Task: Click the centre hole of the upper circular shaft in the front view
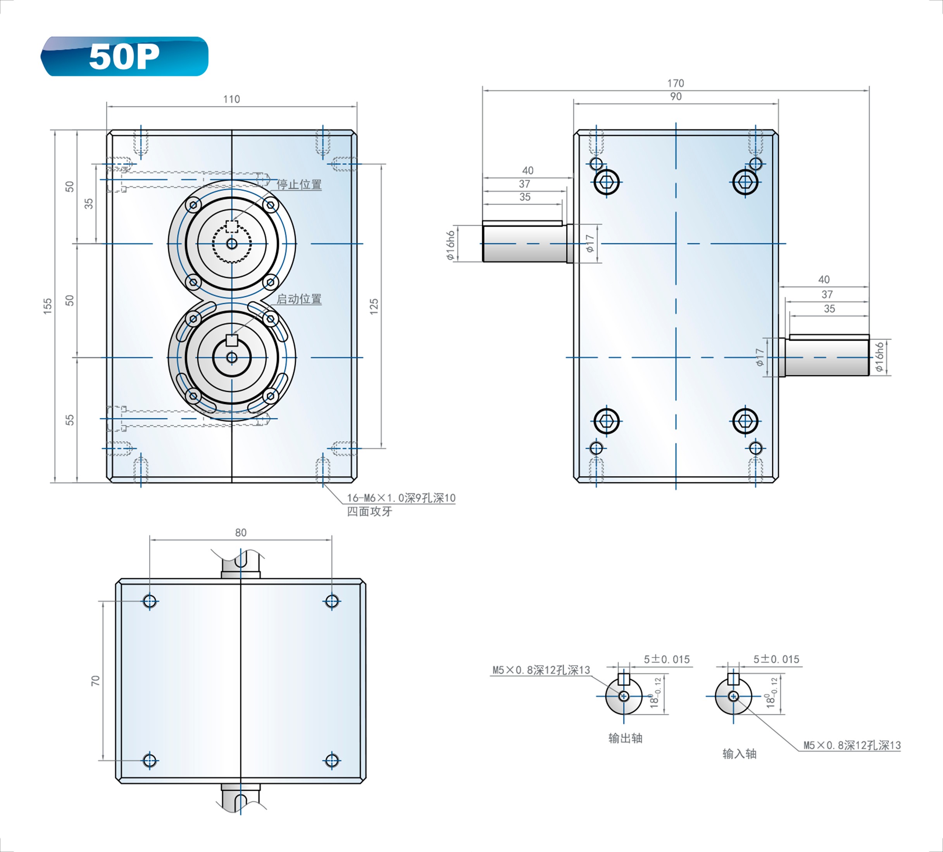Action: [x=231, y=244]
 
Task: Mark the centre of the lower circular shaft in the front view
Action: [x=231, y=358]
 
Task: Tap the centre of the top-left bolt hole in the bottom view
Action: [x=150, y=601]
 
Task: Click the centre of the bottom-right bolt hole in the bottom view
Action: [x=332, y=760]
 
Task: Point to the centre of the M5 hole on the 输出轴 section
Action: [x=624, y=696]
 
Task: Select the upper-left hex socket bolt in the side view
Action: [x=607, y=182]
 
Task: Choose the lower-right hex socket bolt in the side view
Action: [x=745, y=421]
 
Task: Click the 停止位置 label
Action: [x=299, y=185]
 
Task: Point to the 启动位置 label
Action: [x=299, y=299]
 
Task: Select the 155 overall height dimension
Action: [x=48, y=306]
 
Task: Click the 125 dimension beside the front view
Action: [x=374, y=307]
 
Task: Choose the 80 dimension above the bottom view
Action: [x=240, y=533]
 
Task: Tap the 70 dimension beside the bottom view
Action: [x=95, y=681]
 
